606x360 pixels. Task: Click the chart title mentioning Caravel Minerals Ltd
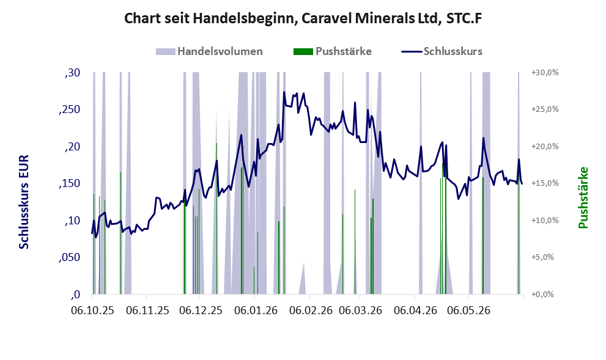click(303, 18)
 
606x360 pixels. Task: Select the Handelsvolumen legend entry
click(209, 51)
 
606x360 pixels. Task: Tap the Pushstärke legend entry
click(333, 51)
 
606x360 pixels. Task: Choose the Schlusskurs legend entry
click(442, 51)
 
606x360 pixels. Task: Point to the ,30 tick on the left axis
click(73, 73)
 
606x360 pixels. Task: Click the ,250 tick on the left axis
click(70, 109)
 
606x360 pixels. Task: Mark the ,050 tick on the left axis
click(70, 257)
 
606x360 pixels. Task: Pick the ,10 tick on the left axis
click(73, 221)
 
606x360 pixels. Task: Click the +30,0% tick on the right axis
click(545, 73)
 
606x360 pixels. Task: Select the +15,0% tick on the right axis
click(545, 183)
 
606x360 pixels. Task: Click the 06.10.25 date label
click(93, 310)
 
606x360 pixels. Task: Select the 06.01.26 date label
click(256, 310)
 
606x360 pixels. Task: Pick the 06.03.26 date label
click(360, 310)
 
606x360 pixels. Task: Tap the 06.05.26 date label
click(468, 310)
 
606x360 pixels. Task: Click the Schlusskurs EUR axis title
click(24, 202)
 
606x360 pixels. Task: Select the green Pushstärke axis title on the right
click(583, 198)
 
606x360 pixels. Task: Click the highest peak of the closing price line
click(284, 92)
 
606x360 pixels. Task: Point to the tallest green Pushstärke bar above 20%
click(216, 218)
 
